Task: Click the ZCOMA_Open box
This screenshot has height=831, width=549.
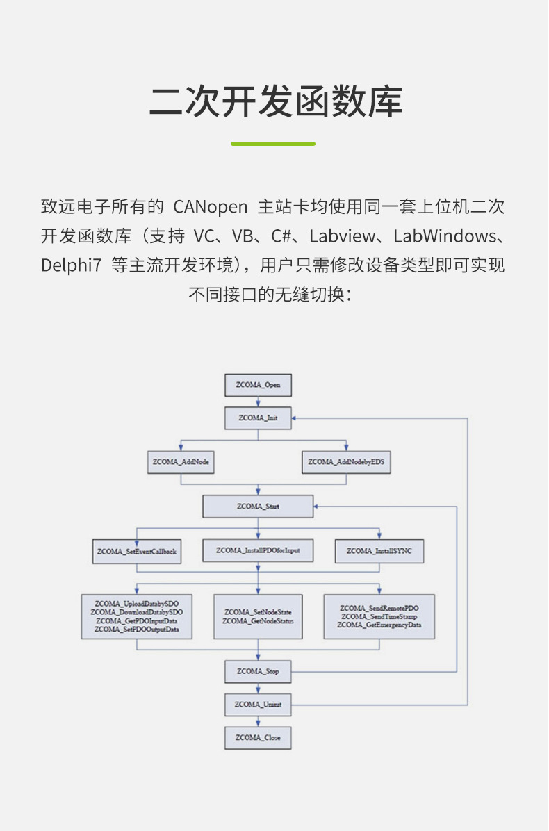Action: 258,385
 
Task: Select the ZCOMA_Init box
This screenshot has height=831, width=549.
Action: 258,418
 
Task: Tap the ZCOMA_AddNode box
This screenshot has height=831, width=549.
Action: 181,462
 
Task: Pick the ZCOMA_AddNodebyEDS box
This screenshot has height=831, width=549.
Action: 346,462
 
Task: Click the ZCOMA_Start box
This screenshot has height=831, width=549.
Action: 258,507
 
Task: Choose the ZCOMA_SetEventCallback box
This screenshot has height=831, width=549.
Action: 137,552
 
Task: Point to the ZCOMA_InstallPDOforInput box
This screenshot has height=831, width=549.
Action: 258,551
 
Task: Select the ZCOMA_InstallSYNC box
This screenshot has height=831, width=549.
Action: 379,551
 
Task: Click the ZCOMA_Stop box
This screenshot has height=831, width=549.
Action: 258,671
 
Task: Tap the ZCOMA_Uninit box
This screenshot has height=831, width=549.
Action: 258,705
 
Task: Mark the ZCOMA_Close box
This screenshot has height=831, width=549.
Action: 258,738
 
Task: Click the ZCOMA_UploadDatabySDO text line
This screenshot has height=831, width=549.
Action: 137,603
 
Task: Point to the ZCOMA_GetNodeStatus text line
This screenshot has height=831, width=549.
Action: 258,620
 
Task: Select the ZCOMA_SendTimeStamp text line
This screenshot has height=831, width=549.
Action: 379,616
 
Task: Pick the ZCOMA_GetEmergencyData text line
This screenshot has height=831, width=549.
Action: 379,625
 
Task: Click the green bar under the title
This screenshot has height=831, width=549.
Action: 273,144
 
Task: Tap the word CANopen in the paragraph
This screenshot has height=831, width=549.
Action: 210,207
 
